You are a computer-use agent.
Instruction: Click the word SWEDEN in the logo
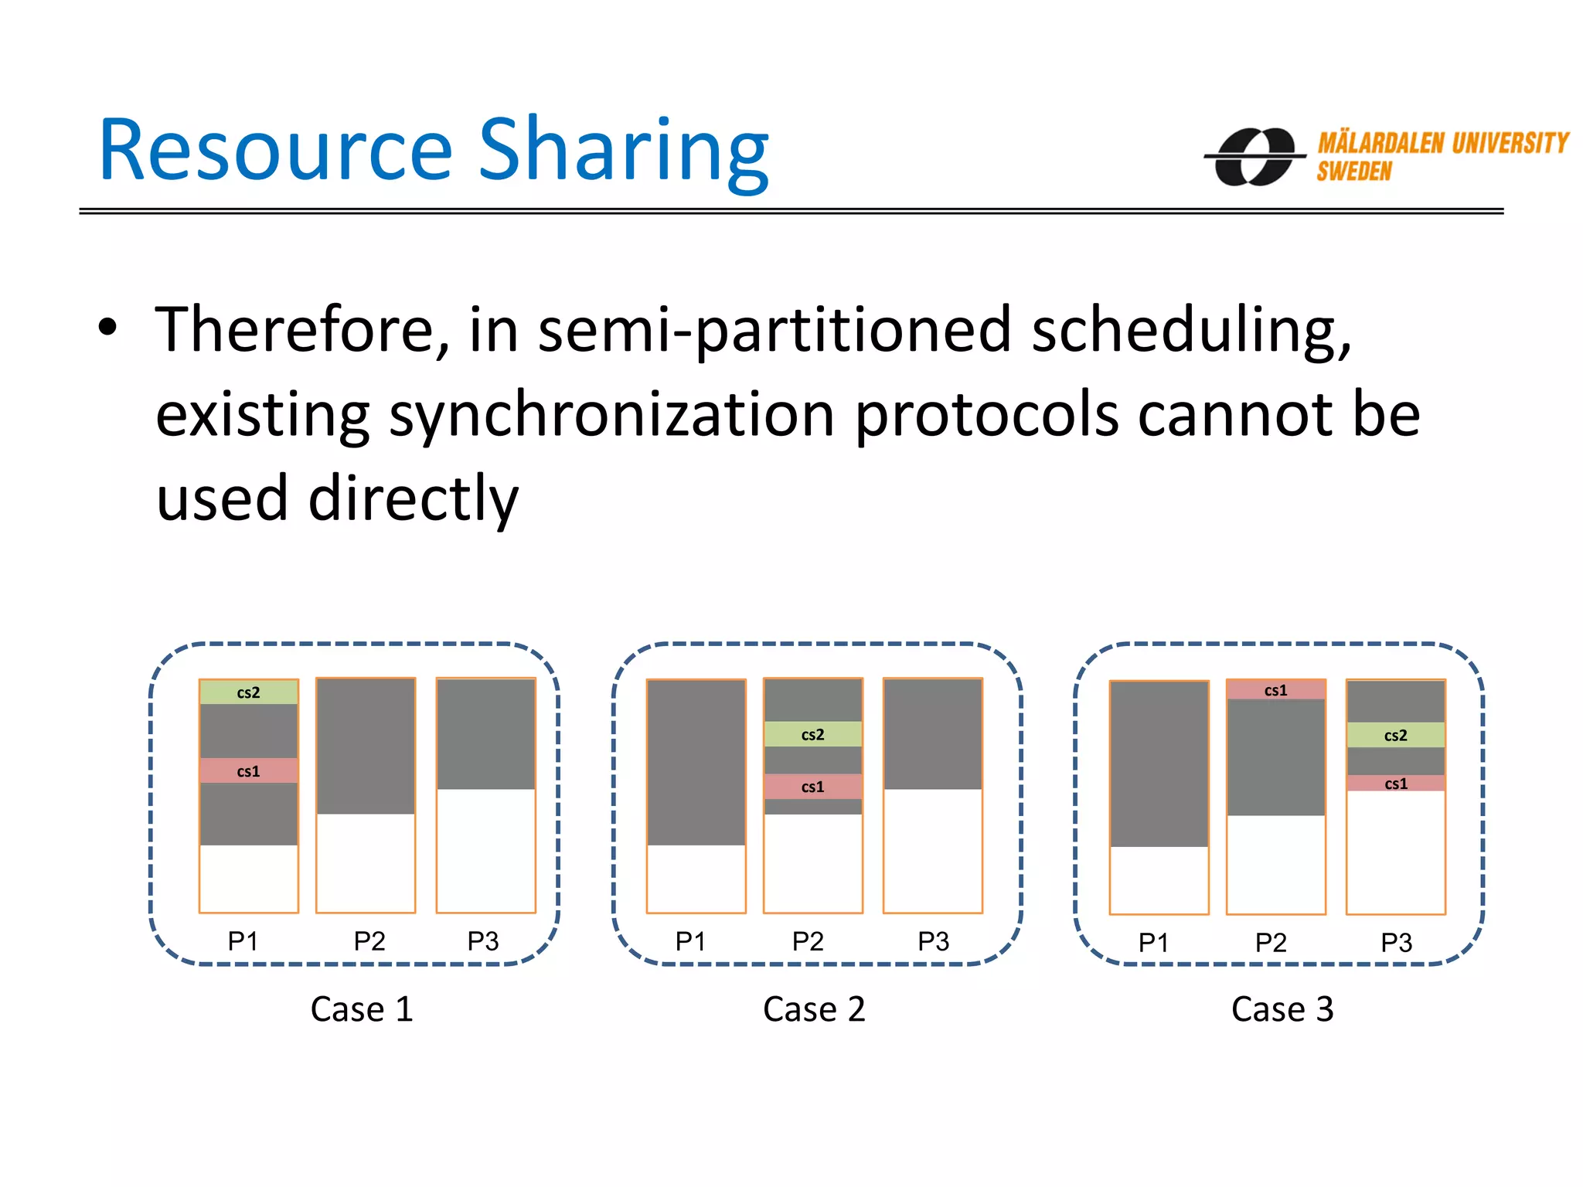click(x=1354, y=172)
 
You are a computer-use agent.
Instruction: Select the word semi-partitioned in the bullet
click(x=774, y=331)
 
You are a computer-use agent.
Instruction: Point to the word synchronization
click(x=611, y=415)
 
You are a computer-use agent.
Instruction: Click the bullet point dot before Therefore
click(x=107, y=328)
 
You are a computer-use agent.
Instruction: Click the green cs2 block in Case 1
click(x=248, y=692)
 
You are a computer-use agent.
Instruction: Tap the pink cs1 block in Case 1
click(x=248, y=770)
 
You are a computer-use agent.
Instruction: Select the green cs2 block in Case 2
click(x=812, y=734)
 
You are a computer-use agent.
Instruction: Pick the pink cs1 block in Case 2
click(x=812, y=787)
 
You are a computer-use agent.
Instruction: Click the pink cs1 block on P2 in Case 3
click(x=1275, y=690)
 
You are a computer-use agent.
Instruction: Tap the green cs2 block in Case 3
click(x=1395, y=735)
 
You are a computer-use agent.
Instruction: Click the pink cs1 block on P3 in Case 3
click(x=1395, y=783)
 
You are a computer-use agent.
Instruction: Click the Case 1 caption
click(x=362, y=1008)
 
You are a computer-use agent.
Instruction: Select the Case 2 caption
click(x=814, y=1008)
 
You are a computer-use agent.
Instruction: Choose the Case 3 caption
click(x=1282, y=1008)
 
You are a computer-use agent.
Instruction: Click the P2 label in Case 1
click(x=369, y=940)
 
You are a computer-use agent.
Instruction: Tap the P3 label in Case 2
click(x=933, y=940)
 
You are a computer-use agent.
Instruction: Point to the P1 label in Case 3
click(x=1153, y=942)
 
